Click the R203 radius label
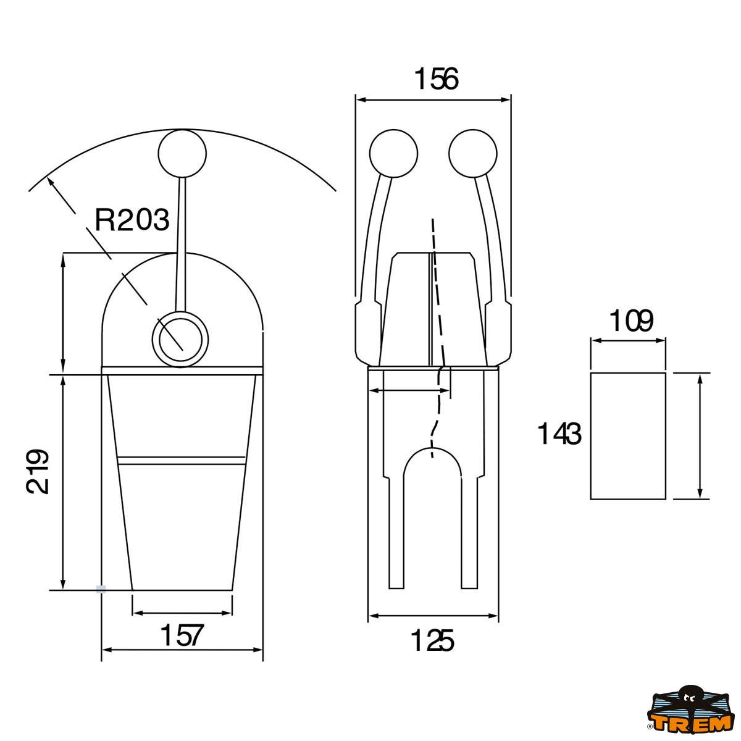[x=132, y=220]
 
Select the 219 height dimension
[x=38, y=471]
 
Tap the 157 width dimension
[x=182, y=635]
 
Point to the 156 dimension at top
[x=436, y=80]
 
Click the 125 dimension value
[x=432, y=641]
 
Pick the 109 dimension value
[x=630, y=322]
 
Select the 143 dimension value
[x=559, y=434]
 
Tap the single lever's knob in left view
[x=182, y=154]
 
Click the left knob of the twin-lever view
[x=393, y=154]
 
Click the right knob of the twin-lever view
[x=473, y=154]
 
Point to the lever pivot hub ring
[x=180, y=338]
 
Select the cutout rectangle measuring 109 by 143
[x=628, y=436]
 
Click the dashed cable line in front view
[x=437, y=296]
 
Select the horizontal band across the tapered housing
[x=182, y=461]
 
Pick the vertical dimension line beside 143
[x=700, y=436]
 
